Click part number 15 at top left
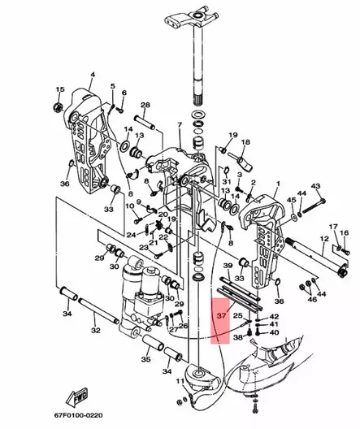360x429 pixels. coord(59,89)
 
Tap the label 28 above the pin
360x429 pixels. coord(145,106)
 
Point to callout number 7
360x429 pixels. coord(180,126)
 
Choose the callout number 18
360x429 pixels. coord(247,141)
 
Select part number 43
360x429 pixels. coord(316,186)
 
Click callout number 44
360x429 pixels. coord(301,193)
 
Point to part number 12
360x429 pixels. coord(323,239)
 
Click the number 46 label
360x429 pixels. coord(311,300)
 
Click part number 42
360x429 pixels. coord(274,317)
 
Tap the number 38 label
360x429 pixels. coord(237,336)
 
